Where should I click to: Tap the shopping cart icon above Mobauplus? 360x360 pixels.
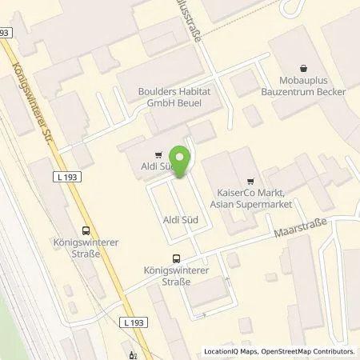click(302, 69)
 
